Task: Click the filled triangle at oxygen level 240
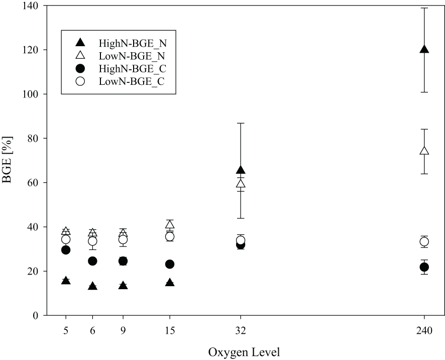tap(424, 49)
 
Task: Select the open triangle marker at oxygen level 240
tap(424, 151)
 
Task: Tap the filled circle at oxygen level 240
tap(424, 267)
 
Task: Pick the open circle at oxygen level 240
tap(424, 242)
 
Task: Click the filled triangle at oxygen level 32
tap(241, 170)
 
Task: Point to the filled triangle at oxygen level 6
tap(92, 286)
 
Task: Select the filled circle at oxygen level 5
tap(66, 250)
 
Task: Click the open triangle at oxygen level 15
tap(170, 224)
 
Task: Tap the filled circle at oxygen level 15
tap(170, 264)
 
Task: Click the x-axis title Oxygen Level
tap(241, 352)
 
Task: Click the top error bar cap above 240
tap(424, 8)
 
